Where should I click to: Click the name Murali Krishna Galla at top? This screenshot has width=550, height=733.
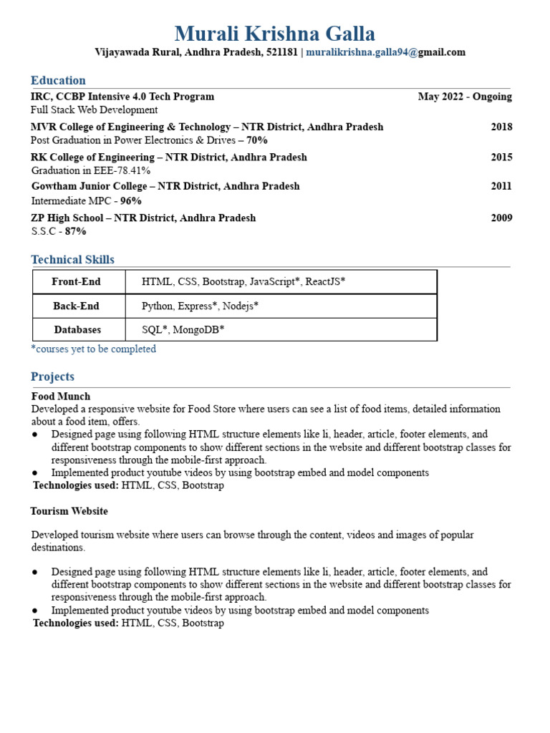274,33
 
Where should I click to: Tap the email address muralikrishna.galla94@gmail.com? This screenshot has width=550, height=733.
385,52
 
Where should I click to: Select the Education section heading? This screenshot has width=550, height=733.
58,80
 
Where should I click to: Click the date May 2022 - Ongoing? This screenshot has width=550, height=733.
465,97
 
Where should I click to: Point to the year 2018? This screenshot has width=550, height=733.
501,127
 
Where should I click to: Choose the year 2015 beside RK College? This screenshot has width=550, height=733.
501,157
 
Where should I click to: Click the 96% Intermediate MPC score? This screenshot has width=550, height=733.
131,201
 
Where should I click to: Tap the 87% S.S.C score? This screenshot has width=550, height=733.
75,231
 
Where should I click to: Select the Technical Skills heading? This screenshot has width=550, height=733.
72,259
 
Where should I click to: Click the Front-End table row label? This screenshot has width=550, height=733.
77,282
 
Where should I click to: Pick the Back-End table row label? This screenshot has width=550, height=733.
77,306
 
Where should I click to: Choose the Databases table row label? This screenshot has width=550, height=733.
77,330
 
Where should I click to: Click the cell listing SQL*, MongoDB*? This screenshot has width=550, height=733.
183,330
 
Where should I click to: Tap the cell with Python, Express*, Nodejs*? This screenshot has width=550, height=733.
200,306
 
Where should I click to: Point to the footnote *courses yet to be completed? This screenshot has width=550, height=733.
93,349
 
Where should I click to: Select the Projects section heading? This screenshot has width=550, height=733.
52,377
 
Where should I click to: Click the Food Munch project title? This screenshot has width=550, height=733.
61,396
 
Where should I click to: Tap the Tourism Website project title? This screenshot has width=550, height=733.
69,511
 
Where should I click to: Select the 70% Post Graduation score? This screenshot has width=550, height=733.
257,140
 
